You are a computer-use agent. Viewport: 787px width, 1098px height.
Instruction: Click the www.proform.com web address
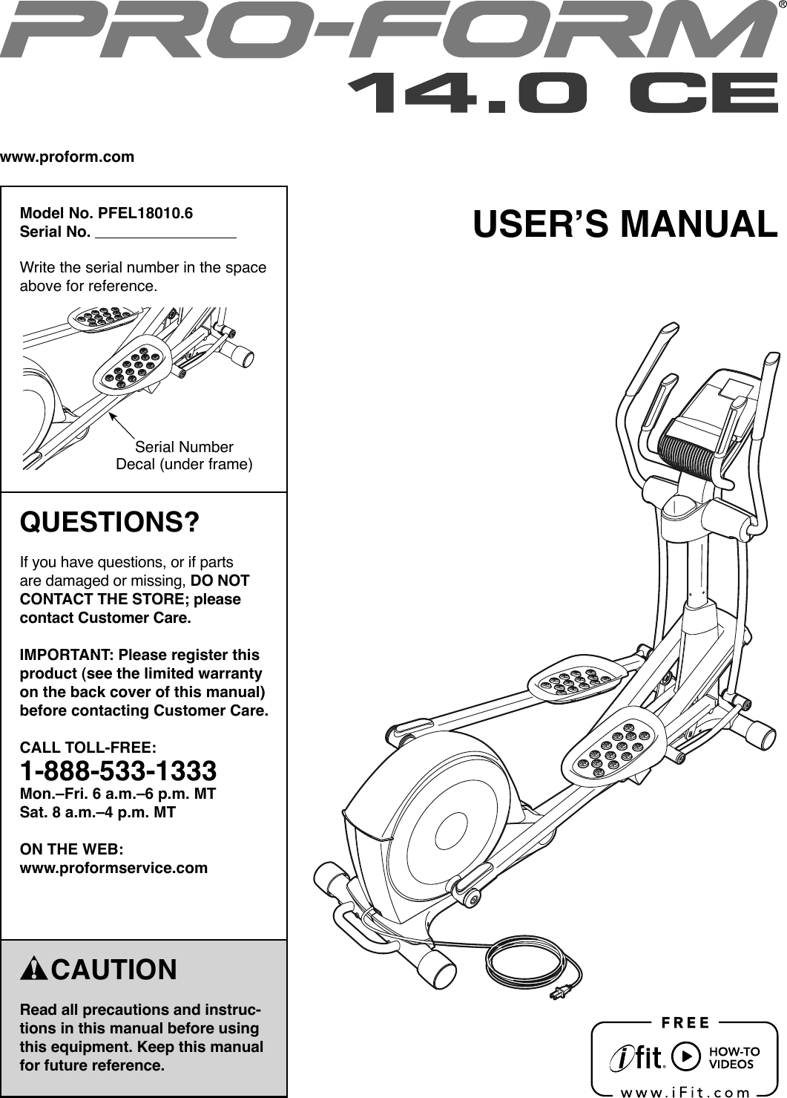click(67, 157)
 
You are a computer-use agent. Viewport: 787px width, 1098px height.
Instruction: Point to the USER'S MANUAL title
click(625, 225)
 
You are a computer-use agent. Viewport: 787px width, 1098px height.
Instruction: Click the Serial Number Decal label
click(184, 456)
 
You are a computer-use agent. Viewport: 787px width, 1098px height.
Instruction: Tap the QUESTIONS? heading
click(110, 522)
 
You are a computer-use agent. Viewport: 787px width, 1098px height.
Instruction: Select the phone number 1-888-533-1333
click(118, 771)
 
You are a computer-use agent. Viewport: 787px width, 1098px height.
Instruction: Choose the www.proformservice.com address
click(113, 867)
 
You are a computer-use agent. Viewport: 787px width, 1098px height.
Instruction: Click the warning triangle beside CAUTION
click(34, 970)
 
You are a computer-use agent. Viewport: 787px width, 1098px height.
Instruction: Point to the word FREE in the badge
click(685, 1023)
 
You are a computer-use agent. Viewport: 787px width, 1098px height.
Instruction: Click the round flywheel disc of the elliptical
click(450, 824)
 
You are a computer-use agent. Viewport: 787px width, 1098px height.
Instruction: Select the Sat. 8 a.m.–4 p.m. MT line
click(97, 812)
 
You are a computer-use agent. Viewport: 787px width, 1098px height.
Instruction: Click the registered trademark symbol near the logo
click(781, 7)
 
